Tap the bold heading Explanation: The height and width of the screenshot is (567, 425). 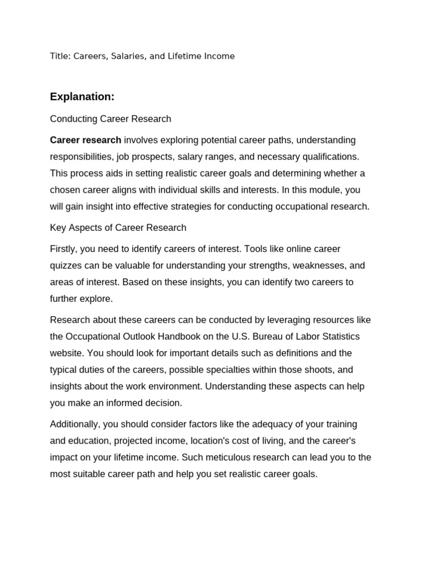(82, 97)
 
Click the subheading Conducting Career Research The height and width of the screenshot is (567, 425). (111, 119)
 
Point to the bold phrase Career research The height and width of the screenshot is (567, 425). (85, 140)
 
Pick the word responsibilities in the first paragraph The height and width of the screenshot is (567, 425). (81, 157)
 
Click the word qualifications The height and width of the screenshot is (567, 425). (331, 157)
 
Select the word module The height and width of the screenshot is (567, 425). (329, 190)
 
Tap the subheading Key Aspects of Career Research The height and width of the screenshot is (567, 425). (118, 228)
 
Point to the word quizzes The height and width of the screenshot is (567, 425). (67, 265)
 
